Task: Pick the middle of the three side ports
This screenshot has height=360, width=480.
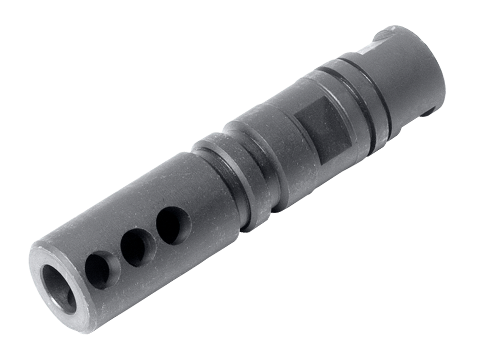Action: click(138, 247)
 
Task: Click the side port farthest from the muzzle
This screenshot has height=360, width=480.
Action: click(173, 225)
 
